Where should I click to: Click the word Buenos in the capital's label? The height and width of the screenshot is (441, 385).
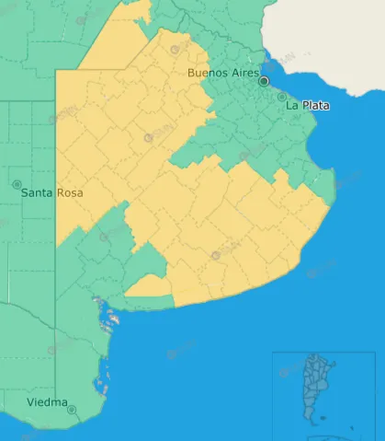click(x=208, y=73)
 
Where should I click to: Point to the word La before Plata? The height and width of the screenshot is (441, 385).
click(x=292, y=106)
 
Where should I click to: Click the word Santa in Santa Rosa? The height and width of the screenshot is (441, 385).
click(x=38, y=193)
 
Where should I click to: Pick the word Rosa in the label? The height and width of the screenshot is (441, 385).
click(x=70, y=193)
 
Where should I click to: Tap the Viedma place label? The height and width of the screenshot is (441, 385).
click(x=46, y=403)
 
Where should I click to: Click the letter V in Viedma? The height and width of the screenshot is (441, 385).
click(x=30, y=403)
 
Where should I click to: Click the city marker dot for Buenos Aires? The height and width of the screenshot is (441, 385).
click(x=264, y=81)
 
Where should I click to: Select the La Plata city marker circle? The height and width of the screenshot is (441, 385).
click(x=282, y=97)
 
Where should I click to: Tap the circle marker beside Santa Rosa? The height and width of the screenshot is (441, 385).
click(x=17, y=184)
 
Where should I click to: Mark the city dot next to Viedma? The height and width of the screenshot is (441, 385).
click(x=72, y=410)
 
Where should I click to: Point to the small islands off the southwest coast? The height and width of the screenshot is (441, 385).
click(x=109, y=319)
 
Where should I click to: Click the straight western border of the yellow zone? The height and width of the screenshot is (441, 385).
click(x=56, y=157)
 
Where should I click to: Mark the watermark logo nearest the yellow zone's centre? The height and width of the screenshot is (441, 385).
click(x=148, y=138)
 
